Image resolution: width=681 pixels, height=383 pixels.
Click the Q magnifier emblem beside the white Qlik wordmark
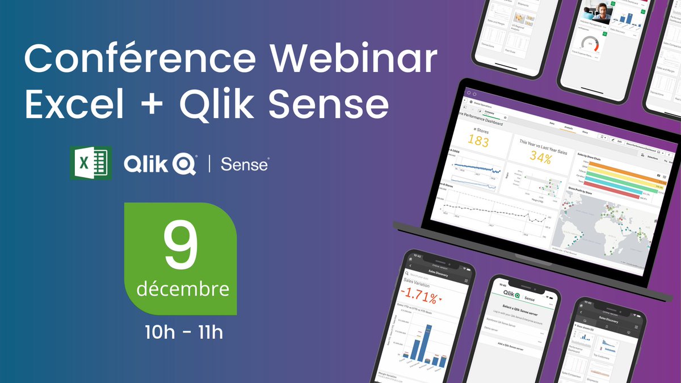pos(186,165)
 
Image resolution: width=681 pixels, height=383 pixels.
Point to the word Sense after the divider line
pos(244,165)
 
